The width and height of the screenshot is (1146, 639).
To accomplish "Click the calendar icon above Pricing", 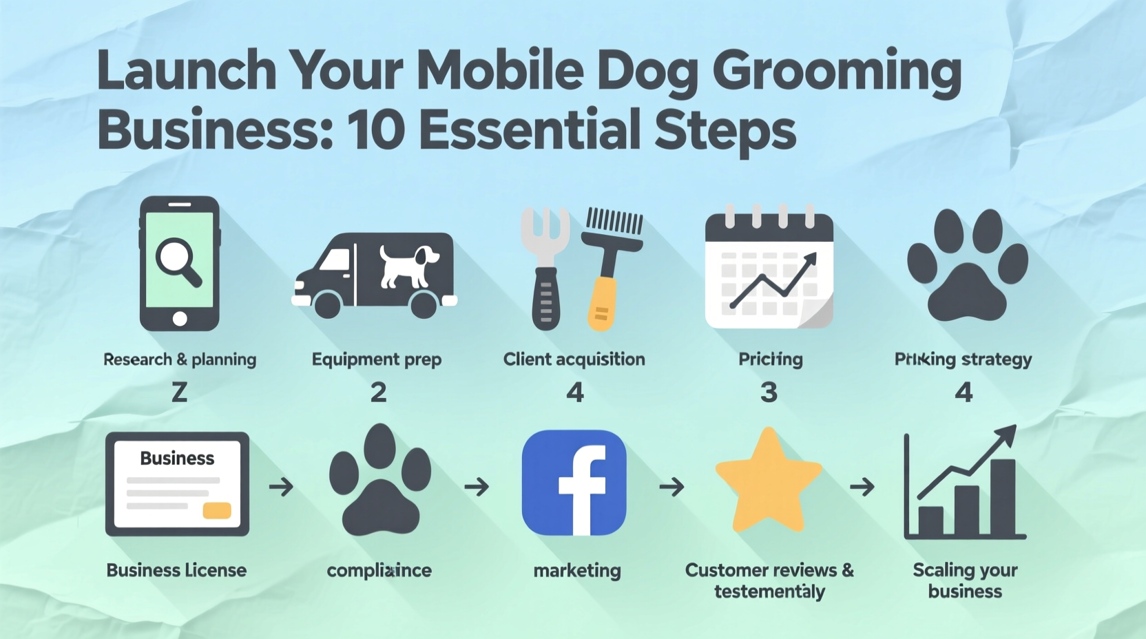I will click(769, 269).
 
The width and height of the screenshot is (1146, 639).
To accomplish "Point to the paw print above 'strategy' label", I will click(967, 266).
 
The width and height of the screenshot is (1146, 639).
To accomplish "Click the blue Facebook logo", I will click(574, 483).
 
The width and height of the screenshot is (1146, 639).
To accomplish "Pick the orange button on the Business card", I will click(216, 510).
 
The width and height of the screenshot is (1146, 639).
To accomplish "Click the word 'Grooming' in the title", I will click(836, 72).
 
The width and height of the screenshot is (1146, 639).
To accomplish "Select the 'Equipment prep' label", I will click(376, 359).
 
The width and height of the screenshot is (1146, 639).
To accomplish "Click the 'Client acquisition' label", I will click(574, 359).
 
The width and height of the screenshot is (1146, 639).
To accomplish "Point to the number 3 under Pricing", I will click(769, 392).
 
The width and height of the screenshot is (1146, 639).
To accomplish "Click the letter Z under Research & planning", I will click(179, 392).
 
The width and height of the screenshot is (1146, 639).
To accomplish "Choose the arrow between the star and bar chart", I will click(862, 488).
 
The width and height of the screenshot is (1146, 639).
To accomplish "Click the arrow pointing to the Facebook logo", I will click(477, 488).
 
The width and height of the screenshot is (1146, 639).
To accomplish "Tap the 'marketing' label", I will click(576, 571).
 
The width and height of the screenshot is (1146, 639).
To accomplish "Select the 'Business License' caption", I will click(176, 570).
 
